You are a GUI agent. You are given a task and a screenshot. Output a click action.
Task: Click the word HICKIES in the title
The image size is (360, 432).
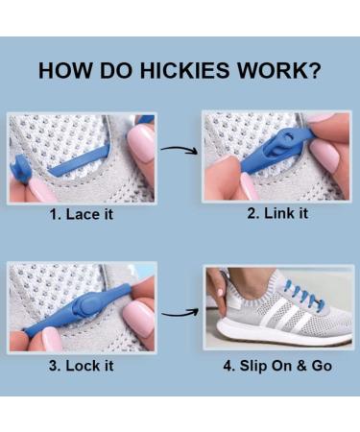tap(184, 70)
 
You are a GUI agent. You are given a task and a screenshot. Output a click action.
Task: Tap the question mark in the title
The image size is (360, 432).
tap(314, 70)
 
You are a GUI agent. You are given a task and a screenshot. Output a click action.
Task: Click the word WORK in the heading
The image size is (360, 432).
tap(271, 70)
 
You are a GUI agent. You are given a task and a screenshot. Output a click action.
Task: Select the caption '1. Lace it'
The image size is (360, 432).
tap(82, 214)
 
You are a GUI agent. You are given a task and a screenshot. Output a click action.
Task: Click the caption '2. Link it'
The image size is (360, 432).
tap(277, 213)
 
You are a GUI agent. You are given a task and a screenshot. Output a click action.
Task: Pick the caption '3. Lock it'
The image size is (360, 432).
tap(82, 366)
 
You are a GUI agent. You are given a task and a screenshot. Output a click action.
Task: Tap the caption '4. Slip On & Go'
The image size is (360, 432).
tap(277, 366)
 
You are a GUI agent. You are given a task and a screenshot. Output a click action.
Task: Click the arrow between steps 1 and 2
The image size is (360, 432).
tap(179, 150)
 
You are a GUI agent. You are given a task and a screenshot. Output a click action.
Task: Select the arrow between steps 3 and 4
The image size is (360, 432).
tap(180, 312)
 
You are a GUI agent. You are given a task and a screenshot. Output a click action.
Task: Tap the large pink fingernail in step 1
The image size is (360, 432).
tap(141, 143)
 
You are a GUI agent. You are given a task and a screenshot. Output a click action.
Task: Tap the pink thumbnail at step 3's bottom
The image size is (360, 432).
tap(50, 340)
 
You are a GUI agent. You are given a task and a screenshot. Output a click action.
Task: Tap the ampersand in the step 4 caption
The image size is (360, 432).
tap(301, 366)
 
